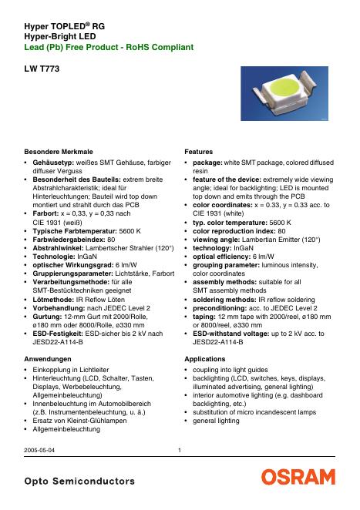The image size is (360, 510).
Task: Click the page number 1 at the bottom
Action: (179, 451)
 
